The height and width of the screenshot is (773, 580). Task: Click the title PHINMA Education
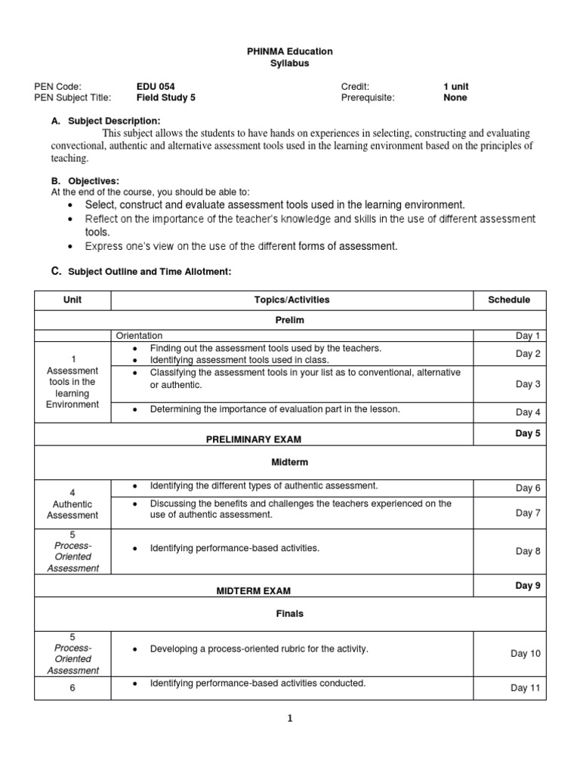(x=290, y=51)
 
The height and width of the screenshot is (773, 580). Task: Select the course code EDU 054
(x=156, y=87)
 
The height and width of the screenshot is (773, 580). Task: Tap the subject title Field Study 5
(x=165, y=97)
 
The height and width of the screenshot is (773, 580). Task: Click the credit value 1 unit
(x=456, y=87)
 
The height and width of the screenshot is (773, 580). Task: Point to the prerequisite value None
(x=455, y=97)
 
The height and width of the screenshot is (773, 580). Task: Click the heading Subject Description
(x=114, y=121)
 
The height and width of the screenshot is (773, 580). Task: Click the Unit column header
(x=72, y=300)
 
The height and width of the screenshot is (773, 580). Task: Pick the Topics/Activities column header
(x=292, y=300)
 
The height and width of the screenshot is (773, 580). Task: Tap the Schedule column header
(x=509, y=300)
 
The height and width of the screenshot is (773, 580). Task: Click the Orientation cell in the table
(x=139, y=336)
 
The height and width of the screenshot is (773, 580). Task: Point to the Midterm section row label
(x=290, y=462)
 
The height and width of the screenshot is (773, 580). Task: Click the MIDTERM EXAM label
(x=253, y=591)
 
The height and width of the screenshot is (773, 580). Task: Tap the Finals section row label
(x=290, y=614)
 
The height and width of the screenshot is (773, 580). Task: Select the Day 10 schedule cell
(x=526, y=654)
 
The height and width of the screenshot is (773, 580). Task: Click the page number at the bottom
(x=289, y=719)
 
